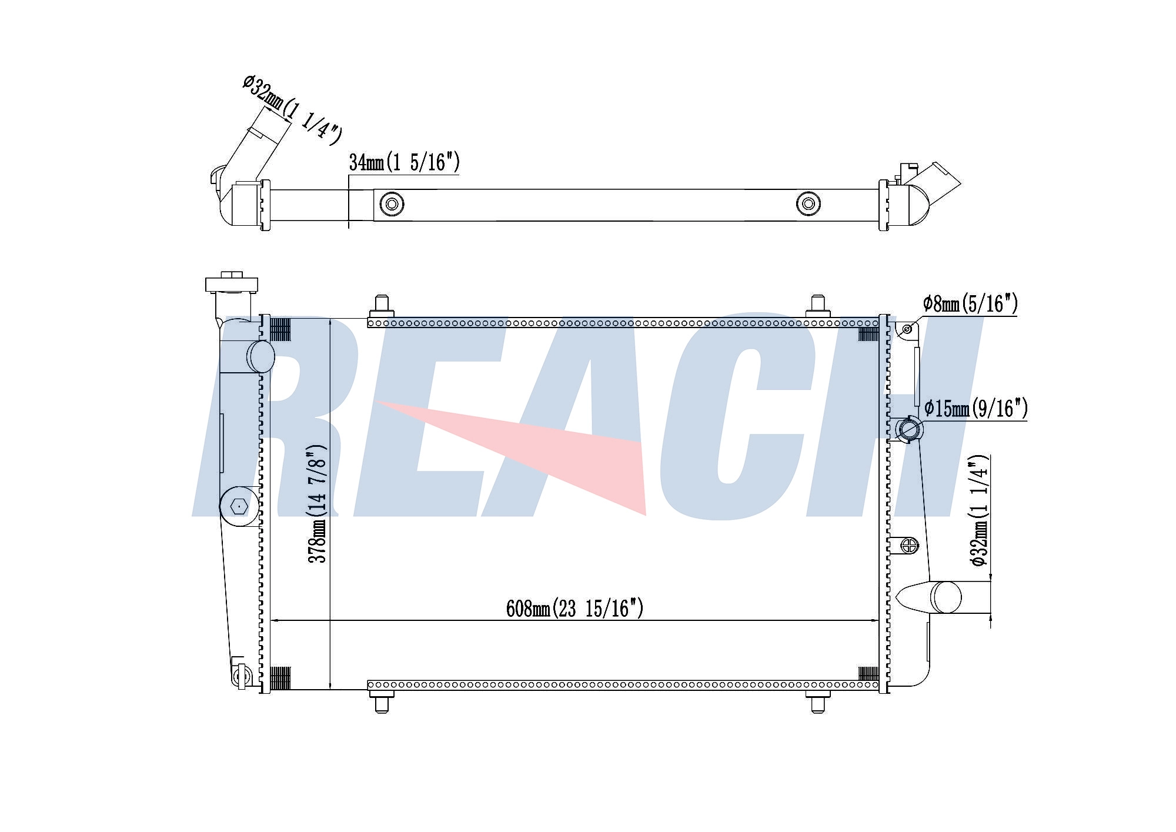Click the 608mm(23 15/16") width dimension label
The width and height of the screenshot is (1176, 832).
(x=574, y=608)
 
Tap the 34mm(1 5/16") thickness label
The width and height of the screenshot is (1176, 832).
(x=404, y=162)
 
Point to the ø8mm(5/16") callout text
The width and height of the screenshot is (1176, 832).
(x=970, y=303)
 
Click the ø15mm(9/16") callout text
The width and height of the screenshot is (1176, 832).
(x=976, y=407)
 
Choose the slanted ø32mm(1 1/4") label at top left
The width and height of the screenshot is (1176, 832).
(x=292, y=110)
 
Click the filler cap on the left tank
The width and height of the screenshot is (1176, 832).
(x=232, y=283)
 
